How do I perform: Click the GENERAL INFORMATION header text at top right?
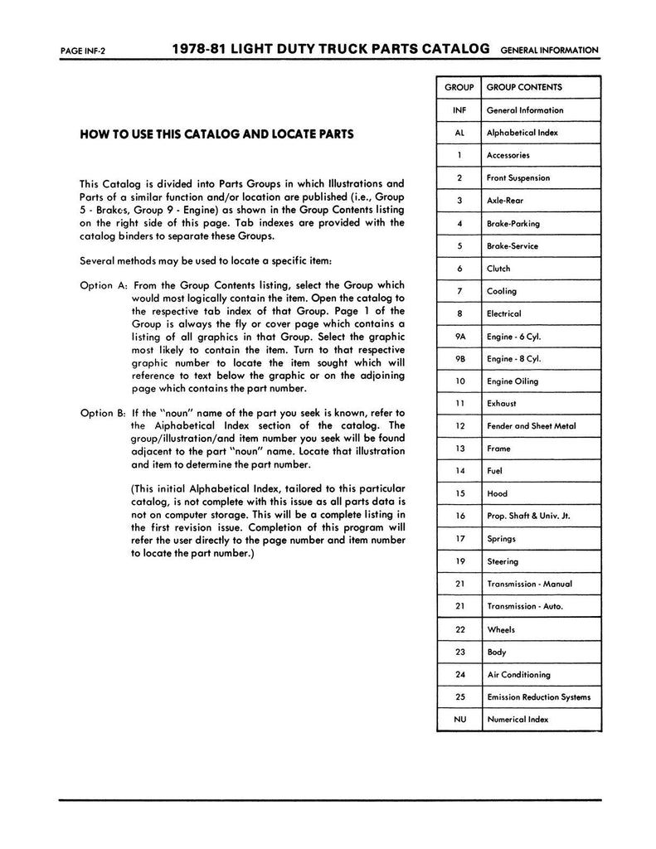pyautogui.click(x=549, y=50)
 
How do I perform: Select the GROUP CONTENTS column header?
pyautogui.click(x=524, y=87)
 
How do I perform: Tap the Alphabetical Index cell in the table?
pyautogui.click(x=522, y=133)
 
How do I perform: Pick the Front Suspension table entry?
pyautogui.click(x=518, y=177)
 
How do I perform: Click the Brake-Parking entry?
pyautogui.click(x=513, y=223)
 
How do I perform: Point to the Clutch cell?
pyautogui.click(x=499, y=269)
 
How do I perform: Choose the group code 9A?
pyautogui.click(x=459, y=337)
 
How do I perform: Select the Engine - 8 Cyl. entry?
pyautogui.click(x=514, y=359)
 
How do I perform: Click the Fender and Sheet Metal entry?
pyautogui.click(x=532, y=426)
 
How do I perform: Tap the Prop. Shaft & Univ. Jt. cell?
pyautogui.click(x=528, y=516)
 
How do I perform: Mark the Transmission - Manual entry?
pyautogui.click(x=530, y=584)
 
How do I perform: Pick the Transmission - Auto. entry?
pyautogui.click(x=525, y=606)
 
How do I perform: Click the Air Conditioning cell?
pyautogui.click(x=519, y=675)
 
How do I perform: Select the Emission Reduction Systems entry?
pyautogui.click(x=539, y=697)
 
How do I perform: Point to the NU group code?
pyautogui.click(x=459, y=720)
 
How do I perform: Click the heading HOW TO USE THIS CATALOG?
pyautogui.click(x=216, y=133)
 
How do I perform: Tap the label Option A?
pyautogui.click(x=103, y=284)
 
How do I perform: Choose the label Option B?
pyautogui.click(x=103, y=413)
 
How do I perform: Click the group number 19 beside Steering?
pyautogui.click(x=459, y=561)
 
